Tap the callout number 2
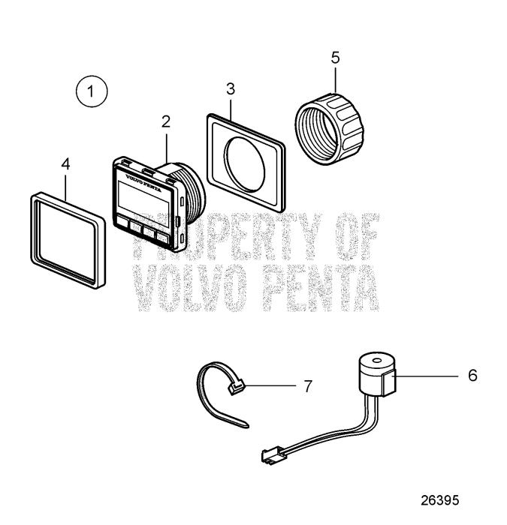coord(165,122)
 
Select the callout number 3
coord(231,89)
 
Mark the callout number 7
coord(306,386)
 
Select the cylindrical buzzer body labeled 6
coord(378,373)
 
